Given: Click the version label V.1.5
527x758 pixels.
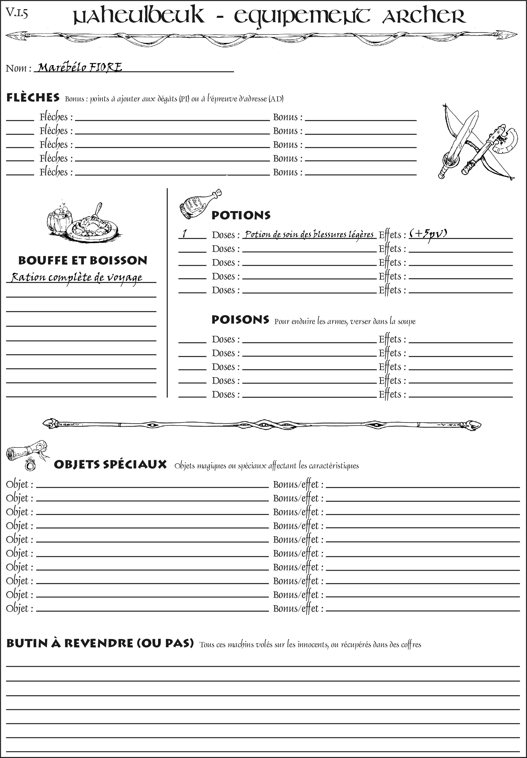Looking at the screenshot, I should point(17,13).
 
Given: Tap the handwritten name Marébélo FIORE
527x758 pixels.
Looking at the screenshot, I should point(79,67).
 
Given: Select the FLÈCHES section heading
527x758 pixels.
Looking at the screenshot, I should point(33,98).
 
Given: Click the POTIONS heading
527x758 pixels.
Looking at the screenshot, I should point(241,215).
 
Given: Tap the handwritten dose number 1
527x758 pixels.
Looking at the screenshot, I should point(185,234).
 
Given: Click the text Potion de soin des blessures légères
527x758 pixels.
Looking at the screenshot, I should point(309,234).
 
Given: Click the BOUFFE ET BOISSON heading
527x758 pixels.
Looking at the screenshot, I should point(83,261).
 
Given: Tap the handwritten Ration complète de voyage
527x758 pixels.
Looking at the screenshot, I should point(77,278).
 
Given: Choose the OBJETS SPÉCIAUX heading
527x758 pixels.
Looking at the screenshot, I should point(110,464).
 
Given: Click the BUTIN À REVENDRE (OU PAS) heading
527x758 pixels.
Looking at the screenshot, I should point(100,643).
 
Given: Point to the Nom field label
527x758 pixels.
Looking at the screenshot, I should point(18,68).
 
